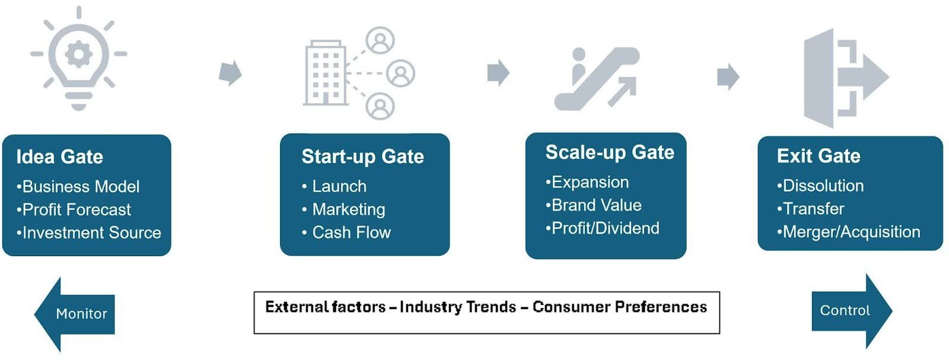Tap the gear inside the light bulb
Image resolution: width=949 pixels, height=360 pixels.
(x=79, y=54)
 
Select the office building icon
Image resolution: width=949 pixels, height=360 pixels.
(x=326, y=73)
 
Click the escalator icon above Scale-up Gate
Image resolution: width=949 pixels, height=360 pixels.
(x=597, y=79)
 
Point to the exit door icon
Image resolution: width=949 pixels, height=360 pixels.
(x=846, y=78)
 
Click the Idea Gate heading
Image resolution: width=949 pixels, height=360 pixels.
(x=60, y=157)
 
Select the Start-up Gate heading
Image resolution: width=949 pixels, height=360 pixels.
(x=362, y=157)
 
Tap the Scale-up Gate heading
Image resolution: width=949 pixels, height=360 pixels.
(x=610, y=152)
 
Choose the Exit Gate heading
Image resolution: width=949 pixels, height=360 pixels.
(x=819, y=156)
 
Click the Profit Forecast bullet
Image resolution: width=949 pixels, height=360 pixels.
(x=74, y=209)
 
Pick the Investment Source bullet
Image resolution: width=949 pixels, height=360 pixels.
(x=88, y=232)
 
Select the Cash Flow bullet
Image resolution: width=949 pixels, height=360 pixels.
(x=346, y=232)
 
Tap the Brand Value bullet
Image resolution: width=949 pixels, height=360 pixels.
(x=594, y=205)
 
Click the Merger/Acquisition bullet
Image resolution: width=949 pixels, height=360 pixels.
(x=849, y=232)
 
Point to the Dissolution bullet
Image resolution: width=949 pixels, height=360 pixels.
(x=820, y=186)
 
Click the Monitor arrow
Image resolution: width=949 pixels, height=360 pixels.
(x=75, y=314)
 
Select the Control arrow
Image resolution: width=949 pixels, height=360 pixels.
(x=852, y=311)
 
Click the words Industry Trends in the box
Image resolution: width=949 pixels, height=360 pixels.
(x=457, y=307)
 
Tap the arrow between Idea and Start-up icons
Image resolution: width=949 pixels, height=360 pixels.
(x=231, y=74)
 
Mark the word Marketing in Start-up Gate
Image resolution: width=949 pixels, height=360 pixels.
(x=349, y=209)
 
